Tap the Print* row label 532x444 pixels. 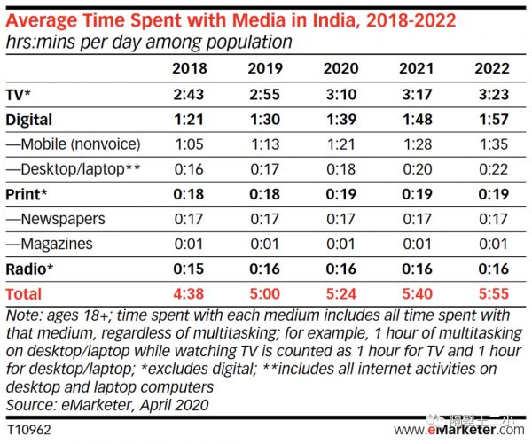(x=26, y=193)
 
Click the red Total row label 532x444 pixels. (x=24, y=292)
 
